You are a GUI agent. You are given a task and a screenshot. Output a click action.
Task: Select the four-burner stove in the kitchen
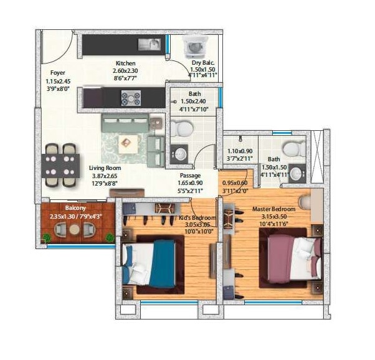tap(131, 98)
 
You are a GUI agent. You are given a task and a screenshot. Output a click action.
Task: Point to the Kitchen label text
tap(126, 64)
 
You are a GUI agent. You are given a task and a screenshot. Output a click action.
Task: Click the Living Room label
tap(105, 168)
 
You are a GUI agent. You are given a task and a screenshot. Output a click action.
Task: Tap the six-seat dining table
tap(61, 165)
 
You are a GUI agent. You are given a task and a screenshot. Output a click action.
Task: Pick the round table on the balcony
tap(75, 229)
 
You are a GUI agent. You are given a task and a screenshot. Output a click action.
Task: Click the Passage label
tap(190, 176)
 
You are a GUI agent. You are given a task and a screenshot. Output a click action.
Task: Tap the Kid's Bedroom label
tap(197, 217)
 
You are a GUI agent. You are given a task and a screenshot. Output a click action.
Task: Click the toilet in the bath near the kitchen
tap(183, 128)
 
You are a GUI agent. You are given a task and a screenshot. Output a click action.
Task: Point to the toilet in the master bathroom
tap(293, 148)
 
